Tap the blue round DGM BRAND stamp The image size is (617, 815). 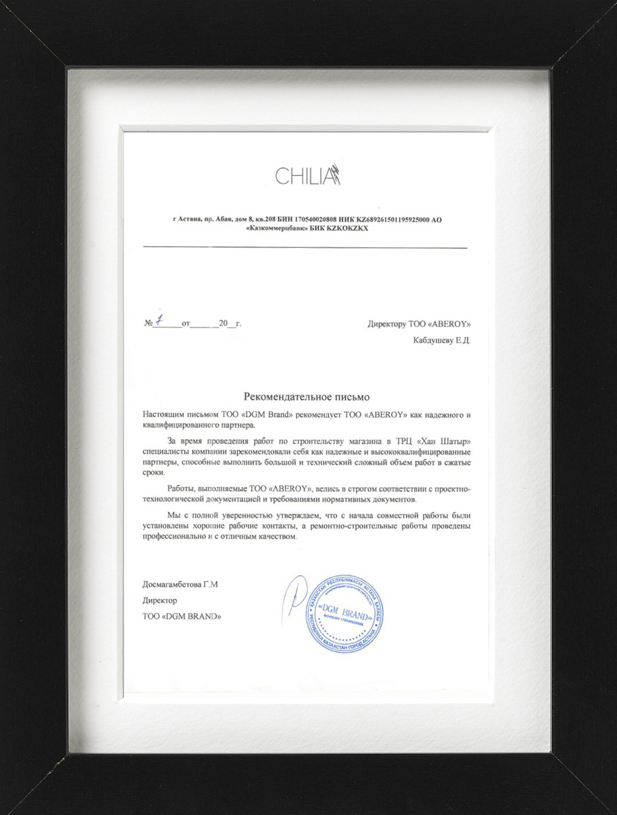coord(344,614)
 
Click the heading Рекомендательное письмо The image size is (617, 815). coord(306,397)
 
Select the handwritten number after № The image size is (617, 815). coord(159,320)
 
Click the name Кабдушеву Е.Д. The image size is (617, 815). coord(442,340)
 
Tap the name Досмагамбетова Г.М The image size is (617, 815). coord(180,584)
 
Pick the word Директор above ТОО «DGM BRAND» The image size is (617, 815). coord(159,600)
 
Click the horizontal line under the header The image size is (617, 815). coord(305,247)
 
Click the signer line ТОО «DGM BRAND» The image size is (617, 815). coord(181,616)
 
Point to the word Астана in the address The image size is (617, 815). coord(190,220)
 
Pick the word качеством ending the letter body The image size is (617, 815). coord(277,536)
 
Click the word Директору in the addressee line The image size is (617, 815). coord(387,324)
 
